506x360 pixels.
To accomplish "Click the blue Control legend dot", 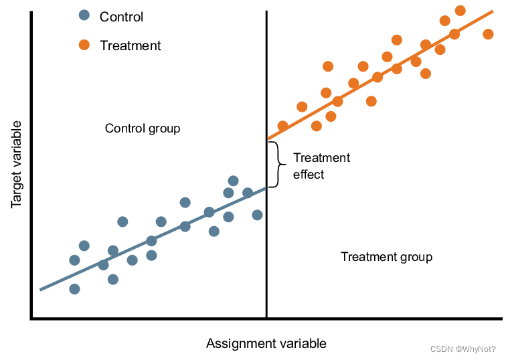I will (84, 15).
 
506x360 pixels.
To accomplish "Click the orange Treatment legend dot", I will (84, 45).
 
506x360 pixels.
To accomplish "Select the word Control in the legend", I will (121, 16).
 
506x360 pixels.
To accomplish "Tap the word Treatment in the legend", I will (130, 46).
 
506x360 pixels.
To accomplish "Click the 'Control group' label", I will (143, 128).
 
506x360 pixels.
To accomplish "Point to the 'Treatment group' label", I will (386, 257).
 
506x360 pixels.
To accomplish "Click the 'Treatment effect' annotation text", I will (321, 166).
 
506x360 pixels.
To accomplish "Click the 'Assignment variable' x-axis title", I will (266, 344).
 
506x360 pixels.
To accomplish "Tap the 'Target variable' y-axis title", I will (17, 164).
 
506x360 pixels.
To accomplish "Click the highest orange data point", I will (460, 11).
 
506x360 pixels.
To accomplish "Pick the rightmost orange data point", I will (488, 34).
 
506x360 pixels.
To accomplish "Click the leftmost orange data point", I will (282, 126).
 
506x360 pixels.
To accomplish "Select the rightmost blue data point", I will (257, 215).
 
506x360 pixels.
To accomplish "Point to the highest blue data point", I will (233, 181).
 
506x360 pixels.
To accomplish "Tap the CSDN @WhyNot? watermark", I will (462, 349).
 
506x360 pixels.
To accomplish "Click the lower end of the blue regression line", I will (41, 289).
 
